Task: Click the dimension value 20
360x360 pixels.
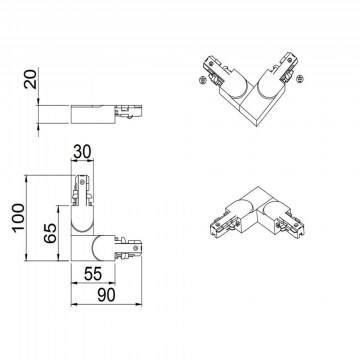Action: tap(30, 79)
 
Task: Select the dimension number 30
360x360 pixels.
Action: tap(82, 152)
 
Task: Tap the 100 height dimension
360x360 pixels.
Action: tap(18, 217)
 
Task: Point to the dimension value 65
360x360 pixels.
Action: tap(50, 233)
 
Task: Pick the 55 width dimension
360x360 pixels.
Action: tap(93, 274)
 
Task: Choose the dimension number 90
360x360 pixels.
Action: tap(106, 295)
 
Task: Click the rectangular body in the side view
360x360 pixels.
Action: tap(93, 114)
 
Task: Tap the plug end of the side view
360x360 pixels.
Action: tap(129, 112)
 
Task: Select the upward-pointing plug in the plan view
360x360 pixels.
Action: tap(82, 191)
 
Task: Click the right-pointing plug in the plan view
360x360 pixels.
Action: tap(128, 248)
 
